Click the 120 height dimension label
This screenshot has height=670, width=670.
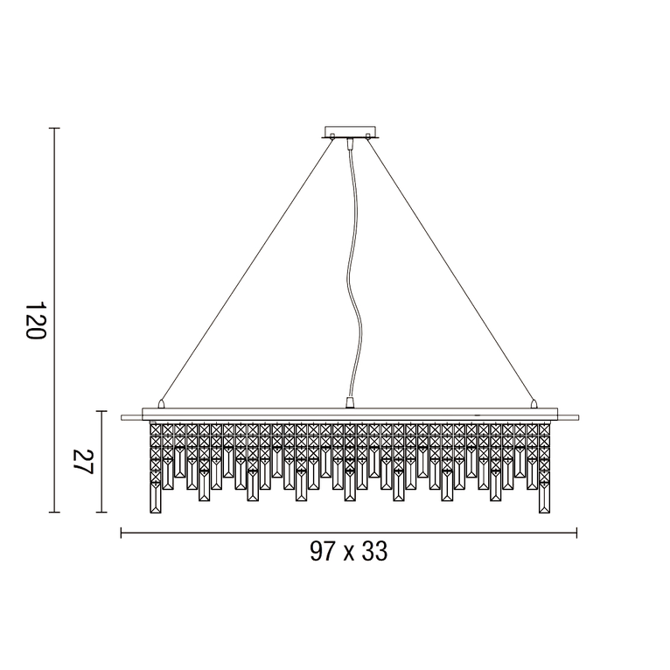click(x=35, y=321)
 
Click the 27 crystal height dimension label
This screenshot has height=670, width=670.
click(x=82, y=462)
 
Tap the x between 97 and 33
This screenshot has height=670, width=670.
click(x=348, y=554)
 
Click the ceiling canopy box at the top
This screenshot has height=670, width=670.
click(x=351, y=132)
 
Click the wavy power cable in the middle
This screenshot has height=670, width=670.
click(x=352, y=262)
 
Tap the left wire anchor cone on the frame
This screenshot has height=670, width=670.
click(x=161, y=404)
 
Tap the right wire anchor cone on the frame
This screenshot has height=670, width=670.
click(x=534, y=404)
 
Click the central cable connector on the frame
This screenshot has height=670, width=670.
click(x=350, y=402)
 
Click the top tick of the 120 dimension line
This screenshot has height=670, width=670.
click(x=54, y=129)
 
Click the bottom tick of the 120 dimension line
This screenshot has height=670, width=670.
click(x=54, y=512)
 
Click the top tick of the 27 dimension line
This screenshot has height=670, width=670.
click(x=102, y=412)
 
